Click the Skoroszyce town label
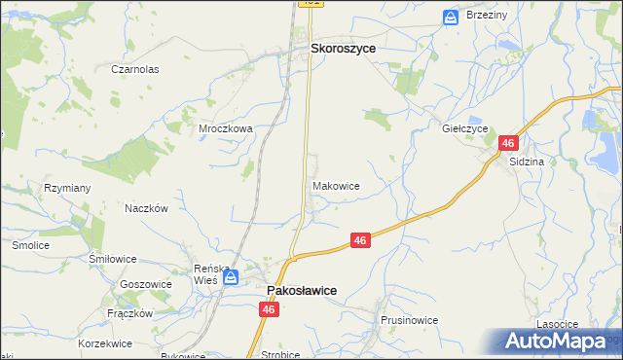click(343, 47)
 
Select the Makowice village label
click(337, 186)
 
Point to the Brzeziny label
click(488, 17)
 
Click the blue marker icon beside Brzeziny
click(451, 17)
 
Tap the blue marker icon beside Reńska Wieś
click(230, 278)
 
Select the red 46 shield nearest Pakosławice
click(270, 308)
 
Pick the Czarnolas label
click(134, 70)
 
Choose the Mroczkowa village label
click(226, 127)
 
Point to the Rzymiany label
click(67, 188)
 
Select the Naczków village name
click(147, 208)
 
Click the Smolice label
click(30, 246)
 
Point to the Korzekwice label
click(105, 343)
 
